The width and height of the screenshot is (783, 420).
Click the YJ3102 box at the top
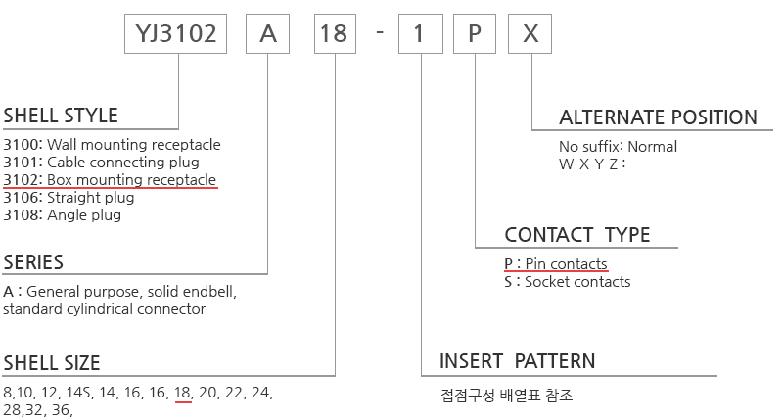[175, 33]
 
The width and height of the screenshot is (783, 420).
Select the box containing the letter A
[267, 33]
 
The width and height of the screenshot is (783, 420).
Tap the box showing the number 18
[335, 33]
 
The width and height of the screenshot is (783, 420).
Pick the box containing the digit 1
[421, 33]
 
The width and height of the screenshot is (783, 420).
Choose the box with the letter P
[475, 33]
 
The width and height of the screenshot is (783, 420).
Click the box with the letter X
[530, 33]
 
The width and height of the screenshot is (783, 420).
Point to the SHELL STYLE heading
[61, 116]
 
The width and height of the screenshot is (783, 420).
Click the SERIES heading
[33, 262]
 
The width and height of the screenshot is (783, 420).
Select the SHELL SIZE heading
[52, 363]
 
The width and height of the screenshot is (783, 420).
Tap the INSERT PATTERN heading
[518, 361]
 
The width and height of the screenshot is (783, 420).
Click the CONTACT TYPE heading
[577, 235]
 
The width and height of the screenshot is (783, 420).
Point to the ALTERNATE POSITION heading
[658, 117]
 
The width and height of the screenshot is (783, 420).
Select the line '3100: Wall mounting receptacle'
[112, 144]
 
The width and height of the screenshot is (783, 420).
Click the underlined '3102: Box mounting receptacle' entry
[110, 180]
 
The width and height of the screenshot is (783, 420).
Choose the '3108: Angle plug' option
[62, 215]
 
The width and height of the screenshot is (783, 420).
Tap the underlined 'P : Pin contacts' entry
[556, 263]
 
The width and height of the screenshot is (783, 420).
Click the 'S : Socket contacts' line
[568, 282]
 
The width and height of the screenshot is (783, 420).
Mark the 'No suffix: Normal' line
[618, 146]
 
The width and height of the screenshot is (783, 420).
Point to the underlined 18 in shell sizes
[182, 393]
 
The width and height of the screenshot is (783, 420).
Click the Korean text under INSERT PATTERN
[506, 396]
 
